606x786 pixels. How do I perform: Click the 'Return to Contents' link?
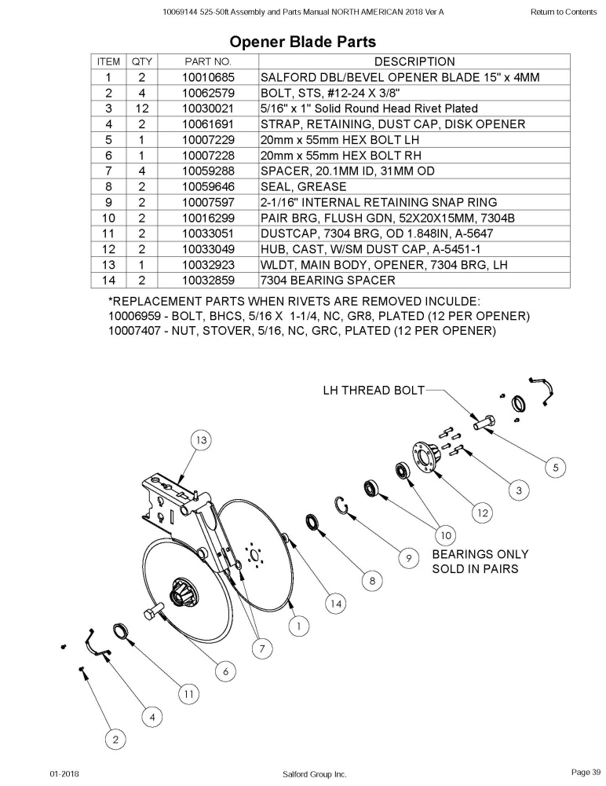[x=564, y=12]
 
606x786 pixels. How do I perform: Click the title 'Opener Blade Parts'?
[x=302, y=42]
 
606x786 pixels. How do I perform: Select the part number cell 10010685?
[x=208, y=77]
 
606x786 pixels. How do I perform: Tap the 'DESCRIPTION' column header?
[x=414, y=61]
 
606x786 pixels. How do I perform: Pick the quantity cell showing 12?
[x=142, y=108]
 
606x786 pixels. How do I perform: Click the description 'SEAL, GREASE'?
[x=304, y=186]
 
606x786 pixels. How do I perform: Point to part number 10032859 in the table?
[x=208, y=281]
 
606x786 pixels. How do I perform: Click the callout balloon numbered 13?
[x=201, y=440]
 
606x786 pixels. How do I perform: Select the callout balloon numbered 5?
[x=556, y=468]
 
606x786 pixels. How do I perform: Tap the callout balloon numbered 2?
[x=115, y=740]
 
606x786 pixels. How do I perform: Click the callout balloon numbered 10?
[x=446, y=535]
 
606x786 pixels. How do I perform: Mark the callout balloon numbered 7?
[x=262, y=648]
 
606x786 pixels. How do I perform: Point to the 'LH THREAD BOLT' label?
[x=374, y=390]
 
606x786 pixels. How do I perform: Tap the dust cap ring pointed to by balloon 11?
[x=120, y=631]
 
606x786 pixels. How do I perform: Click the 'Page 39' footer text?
[x=586, y=772]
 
